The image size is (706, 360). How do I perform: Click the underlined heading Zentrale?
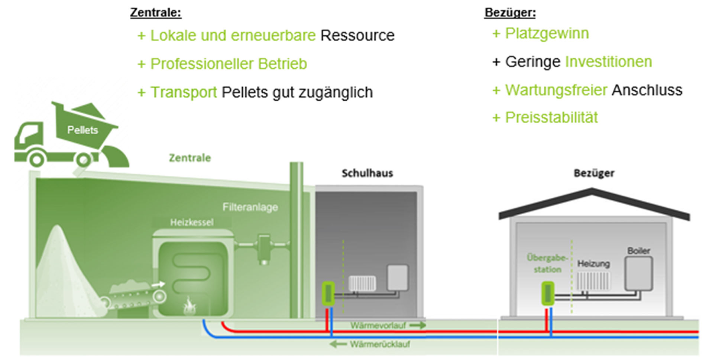coord(156,13)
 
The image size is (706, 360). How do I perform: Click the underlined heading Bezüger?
coord(510,13)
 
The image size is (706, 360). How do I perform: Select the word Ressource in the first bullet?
coord(357,36)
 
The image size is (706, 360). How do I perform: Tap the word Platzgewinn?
coord(547,33)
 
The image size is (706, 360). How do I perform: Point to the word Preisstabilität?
coord(551,118)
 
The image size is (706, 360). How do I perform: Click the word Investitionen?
coord(608,62)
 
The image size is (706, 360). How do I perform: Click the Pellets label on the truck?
coord(82,130)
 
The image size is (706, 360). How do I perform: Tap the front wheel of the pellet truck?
coord(36,160)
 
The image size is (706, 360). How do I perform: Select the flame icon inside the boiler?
coord(189,307)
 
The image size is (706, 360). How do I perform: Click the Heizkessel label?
coord(192,223)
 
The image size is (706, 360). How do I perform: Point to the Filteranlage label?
coord(250,207)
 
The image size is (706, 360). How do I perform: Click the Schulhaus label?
coord(367,173)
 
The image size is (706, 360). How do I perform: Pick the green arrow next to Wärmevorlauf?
coord(418,325)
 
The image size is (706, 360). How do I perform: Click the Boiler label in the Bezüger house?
coord(638,251)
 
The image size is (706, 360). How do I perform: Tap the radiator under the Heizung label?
coord(593,281)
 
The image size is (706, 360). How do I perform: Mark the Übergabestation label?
coord(547,263)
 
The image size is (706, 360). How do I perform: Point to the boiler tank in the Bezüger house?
coord(638,273)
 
